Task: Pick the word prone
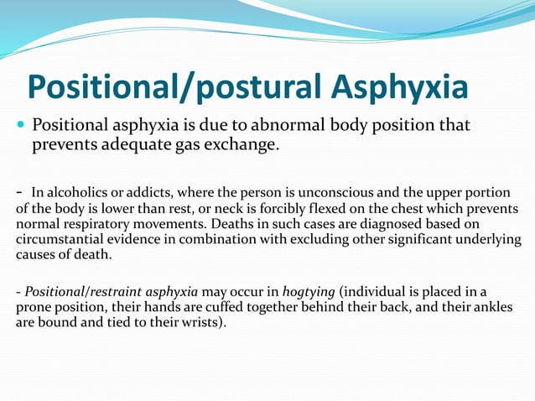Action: tap(34, 309)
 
